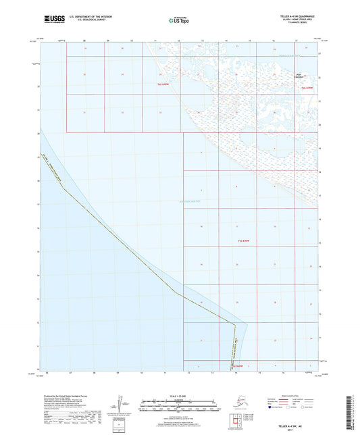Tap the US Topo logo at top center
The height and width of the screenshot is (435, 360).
(x=179, y=20)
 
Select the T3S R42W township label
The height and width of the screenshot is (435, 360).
(x=244, y=240)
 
